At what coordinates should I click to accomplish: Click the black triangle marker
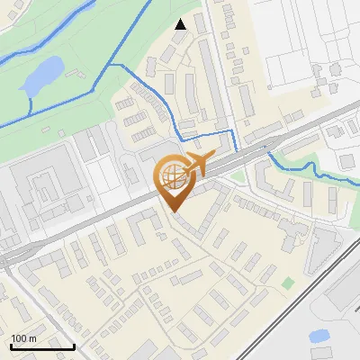(181, 24)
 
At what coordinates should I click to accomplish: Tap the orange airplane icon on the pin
(195, 164)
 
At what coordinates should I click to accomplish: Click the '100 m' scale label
(23, 338)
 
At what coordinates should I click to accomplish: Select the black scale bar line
(42, 346)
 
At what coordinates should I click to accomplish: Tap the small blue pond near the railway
(319, 336)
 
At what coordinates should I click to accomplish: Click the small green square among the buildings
(287, 283)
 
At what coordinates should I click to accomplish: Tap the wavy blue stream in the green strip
(310, 168)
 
